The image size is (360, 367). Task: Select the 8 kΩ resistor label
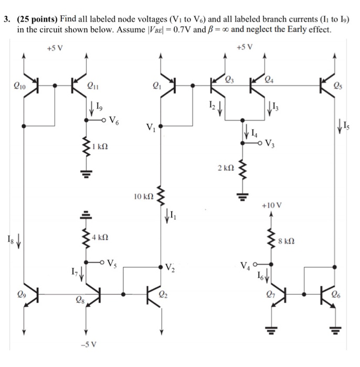[288, 241]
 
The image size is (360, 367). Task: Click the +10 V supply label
[273, 206]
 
